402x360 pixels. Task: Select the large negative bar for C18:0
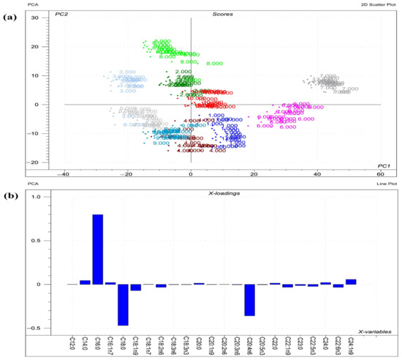(x=123, y=304)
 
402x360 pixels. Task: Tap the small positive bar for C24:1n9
(x=351, y=282)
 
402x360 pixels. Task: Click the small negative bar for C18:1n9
(x=135, y=288)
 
